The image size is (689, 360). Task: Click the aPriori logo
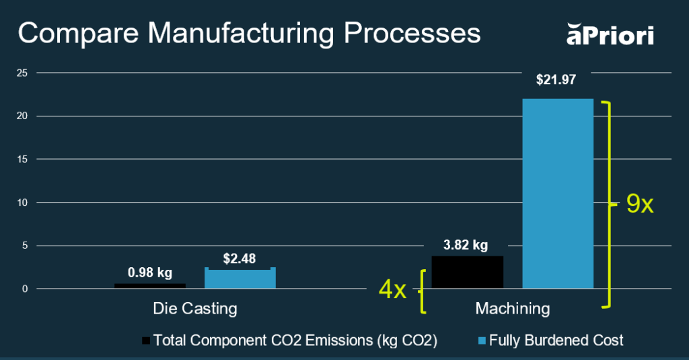pyautogui.click(x=610, y=34)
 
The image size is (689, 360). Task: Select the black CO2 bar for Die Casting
pyautogui.click(x=149, y=286)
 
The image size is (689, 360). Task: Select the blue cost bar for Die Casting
pyautogui.click(x=240, y=278)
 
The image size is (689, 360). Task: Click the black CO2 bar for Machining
pyautogui.click(x=467, y=272)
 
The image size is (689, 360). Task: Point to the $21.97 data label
pyautogui.click(x=556, y=80)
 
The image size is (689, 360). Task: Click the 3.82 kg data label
pyautogui.click(x=466, y=245)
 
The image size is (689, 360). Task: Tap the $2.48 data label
pyautogui.click(x=240, y=258)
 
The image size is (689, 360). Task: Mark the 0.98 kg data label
pyautogui.click(x=150, y=273)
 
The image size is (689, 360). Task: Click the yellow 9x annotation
pyautogui.click(x=640, y=204)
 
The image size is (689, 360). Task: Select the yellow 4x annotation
pyautogui.click(x=393, y=290)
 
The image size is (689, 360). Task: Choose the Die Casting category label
pyautogui.click(x=195, y=309)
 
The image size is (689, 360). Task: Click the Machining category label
pyautogui.click(x=513, y=309)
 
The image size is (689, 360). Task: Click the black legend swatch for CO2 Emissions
pyautogui.click(x=146, y=340)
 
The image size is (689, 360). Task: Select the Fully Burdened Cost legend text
pyautogui.click(x=556, y=340)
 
